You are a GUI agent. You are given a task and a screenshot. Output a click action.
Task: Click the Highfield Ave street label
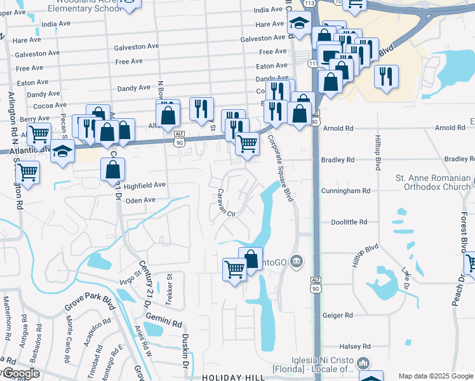click(x=144, y=185)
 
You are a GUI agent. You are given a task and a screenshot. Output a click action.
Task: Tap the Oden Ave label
click(x=140, y=201)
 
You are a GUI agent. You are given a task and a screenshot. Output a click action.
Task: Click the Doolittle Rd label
click(x=349, y=222)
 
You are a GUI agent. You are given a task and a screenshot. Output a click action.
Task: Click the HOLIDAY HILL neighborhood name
click(x=232, y=377)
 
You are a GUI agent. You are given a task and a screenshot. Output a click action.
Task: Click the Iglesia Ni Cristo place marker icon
click(x=364, y=363)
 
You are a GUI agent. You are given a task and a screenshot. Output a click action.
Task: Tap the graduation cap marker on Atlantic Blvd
click(x=62, y=151)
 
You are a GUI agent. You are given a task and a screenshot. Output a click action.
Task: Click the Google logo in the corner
click(x=20, y=373)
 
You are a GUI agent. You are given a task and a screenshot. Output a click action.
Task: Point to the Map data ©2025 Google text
click(x=435, y=377)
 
